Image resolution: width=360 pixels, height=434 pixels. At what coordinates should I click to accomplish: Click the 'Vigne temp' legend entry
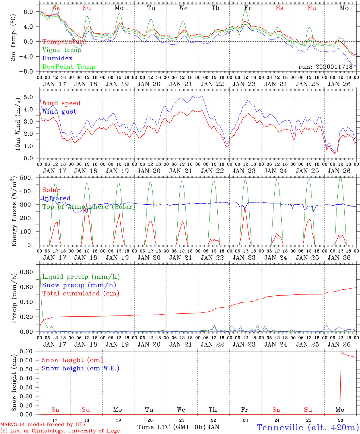click(62, 50)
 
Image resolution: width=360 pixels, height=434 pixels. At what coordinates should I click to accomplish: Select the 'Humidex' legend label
click(58, 58)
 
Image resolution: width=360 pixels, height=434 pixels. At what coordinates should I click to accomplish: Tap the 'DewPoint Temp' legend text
click(69, 67)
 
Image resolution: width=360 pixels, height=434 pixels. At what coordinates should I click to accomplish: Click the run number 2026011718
click(325, 67)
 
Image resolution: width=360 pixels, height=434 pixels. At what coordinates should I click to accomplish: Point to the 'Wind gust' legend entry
click(59, 112)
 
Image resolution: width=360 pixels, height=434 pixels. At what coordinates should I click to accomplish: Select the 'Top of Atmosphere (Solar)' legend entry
click(89, 207)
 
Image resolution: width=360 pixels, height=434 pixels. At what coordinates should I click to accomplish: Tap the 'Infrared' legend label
click(56, 198)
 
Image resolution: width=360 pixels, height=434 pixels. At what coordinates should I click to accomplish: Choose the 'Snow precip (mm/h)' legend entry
click(79, 285)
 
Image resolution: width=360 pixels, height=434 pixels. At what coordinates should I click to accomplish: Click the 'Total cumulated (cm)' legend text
click(81, 294)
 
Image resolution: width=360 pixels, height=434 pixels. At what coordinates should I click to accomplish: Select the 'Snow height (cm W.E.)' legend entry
click(81, 368)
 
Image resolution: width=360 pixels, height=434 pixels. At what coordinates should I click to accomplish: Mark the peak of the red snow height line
click(341, 352)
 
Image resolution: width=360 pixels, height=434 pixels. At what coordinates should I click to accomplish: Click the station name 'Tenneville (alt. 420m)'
click(308, 427)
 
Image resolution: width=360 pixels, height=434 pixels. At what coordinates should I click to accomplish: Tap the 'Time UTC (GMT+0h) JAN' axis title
click(178, 427)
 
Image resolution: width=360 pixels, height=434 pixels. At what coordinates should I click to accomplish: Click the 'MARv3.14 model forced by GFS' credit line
click(43, 425)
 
